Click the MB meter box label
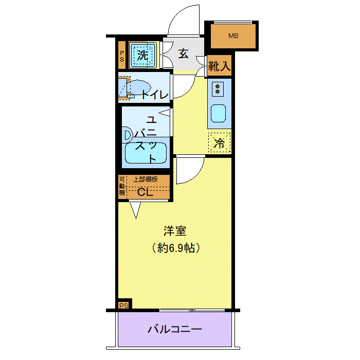click(233, 36)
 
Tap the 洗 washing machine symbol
click(143, 55)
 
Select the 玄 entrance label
click(184, 53)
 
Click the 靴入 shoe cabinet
click(219, 66)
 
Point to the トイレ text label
click(155, 95)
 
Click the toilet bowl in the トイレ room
click(139, 87)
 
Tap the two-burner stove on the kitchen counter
click(218, 89)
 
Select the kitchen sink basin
click(218, 114)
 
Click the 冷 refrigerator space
click(219, 143)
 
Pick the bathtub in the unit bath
click(146, 153)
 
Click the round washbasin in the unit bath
click(128, 136)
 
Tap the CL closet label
click(145, 192)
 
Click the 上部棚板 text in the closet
click(146, 179)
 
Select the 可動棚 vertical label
click(122, 186)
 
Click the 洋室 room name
click(175, 231)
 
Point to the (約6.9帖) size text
click(176, 248)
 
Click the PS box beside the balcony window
click(124, 305)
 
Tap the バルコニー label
click(174, 330)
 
